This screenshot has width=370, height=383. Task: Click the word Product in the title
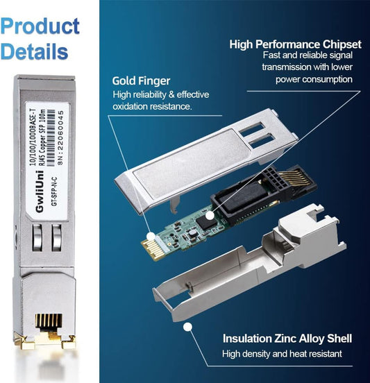(40, 26)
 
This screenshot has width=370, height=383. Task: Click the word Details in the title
(35, 51)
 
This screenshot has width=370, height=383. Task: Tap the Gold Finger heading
(142, 81)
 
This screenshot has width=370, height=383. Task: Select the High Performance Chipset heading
(296, 44)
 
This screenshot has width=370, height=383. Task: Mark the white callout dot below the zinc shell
(185, 326)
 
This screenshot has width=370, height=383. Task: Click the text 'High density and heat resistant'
(282, 355)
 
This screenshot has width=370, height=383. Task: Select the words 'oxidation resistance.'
(151, 107)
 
